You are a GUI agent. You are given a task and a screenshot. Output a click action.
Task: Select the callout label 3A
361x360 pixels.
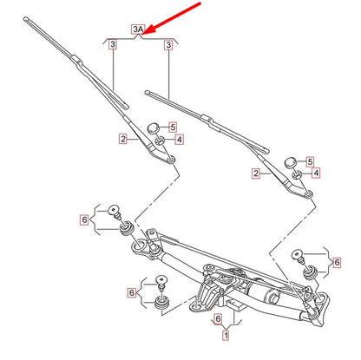(138, 29)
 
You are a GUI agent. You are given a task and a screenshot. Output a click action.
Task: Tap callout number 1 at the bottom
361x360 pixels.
(226, 334)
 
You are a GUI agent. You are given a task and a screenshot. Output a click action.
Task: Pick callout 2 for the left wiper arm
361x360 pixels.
(123, 138)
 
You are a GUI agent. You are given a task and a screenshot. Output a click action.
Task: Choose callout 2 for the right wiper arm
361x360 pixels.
(257, 173)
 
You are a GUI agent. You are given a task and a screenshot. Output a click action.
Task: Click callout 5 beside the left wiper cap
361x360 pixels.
(172, 127)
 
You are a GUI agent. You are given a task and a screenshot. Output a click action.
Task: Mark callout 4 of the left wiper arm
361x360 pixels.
(179, 139)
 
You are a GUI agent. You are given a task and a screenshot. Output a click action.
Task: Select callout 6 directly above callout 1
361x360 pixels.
(218, 318)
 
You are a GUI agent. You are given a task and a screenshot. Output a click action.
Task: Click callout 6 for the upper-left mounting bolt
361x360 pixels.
(84, 220)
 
